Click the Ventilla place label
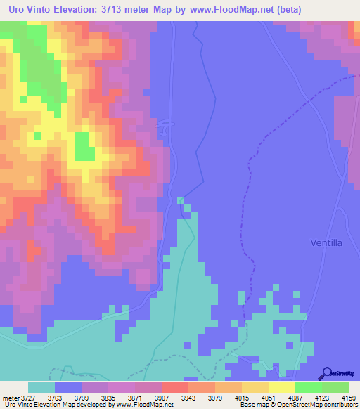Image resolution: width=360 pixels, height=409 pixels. (326, 242)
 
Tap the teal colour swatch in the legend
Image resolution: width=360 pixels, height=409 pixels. (41, 387)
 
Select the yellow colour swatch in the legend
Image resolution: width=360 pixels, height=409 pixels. (281, 387)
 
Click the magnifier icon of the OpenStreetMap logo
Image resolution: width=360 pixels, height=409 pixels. (326, 375)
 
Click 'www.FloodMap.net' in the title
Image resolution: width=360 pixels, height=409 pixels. (230, 8)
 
